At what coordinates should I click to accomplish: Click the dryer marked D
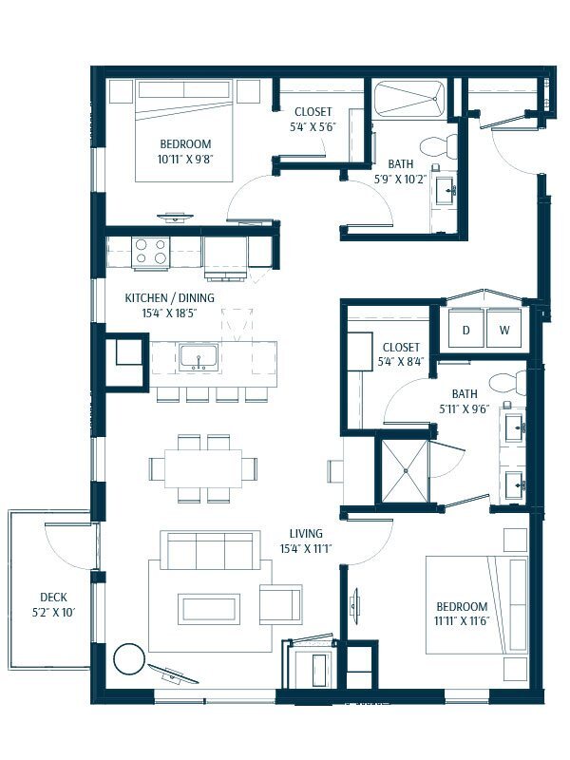(466, 330)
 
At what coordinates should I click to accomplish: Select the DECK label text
(40, 598)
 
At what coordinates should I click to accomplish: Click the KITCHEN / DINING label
(170, 297)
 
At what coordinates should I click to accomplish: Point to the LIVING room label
(306, 533)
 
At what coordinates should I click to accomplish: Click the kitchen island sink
(199, 357)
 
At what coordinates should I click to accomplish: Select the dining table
(201, 468)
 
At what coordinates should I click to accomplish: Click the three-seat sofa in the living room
(210, 551)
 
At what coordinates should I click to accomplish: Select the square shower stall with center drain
(405, 472)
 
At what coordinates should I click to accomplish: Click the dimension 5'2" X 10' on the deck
(40, 613)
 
